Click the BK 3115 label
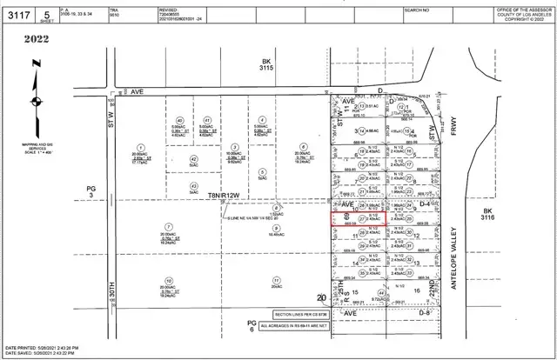(266, 64)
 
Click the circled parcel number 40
(180, 120)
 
